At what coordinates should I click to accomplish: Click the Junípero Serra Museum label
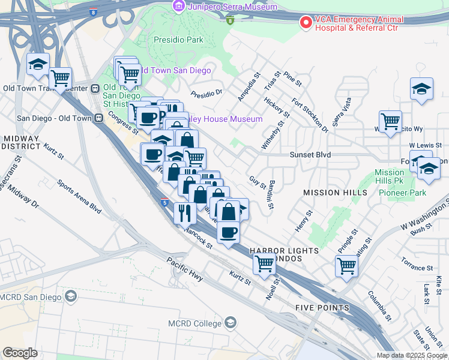click(x=232, y=7)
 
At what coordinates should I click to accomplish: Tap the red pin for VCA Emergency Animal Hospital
click(x=306, y=23)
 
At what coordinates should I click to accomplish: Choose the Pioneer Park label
click(x=402, y=193)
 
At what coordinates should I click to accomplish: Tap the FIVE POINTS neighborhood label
click(x=322, y=308)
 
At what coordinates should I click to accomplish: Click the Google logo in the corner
click(x=20, y=353)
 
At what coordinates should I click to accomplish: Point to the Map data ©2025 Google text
click(x=411, y=355)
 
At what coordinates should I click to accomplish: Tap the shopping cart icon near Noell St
click(x=264, y=263)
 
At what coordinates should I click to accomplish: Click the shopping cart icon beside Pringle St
click(x=346, y=265)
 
